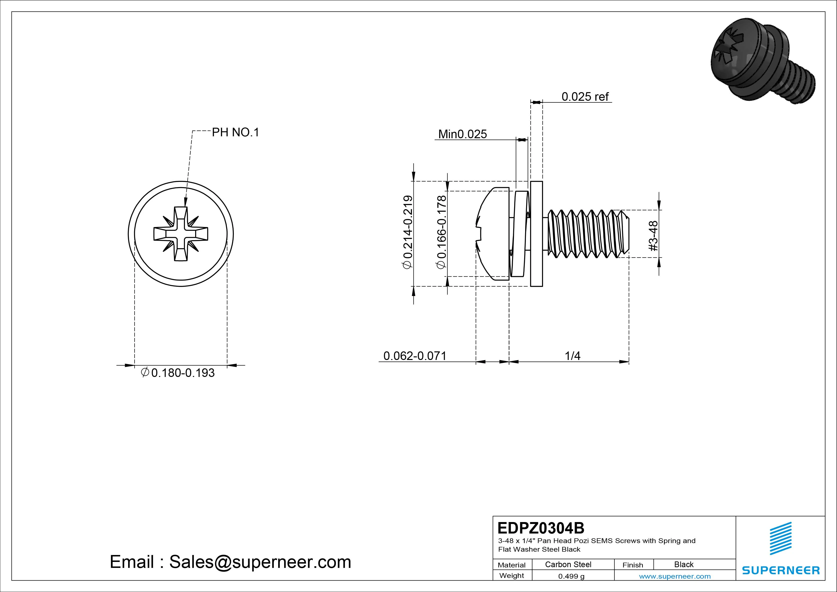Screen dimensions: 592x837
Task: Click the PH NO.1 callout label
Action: tap(235, 132)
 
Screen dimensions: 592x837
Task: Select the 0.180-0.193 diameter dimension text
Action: tap(182, 373)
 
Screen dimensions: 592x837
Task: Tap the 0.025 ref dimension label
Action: tap(585, 97)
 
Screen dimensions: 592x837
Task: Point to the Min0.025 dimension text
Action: tap(462, 134)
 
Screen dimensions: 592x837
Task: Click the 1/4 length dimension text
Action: tap(572, 356)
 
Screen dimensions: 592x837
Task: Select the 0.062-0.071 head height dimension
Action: tap(415, 356)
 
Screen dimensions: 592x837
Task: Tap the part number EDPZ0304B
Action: tap(541, 528)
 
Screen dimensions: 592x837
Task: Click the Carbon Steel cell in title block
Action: tap(568, 564)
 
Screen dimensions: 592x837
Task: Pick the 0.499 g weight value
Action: tap(571, 576)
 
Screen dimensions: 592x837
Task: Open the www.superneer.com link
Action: tap(675, 576)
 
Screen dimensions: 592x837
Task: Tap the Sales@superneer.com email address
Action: tap(260, 562)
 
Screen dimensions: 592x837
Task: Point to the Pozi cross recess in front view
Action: tap(181, 234)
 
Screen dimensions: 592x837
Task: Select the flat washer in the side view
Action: tap(536, 234)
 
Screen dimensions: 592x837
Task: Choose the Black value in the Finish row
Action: tap(684, 564)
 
